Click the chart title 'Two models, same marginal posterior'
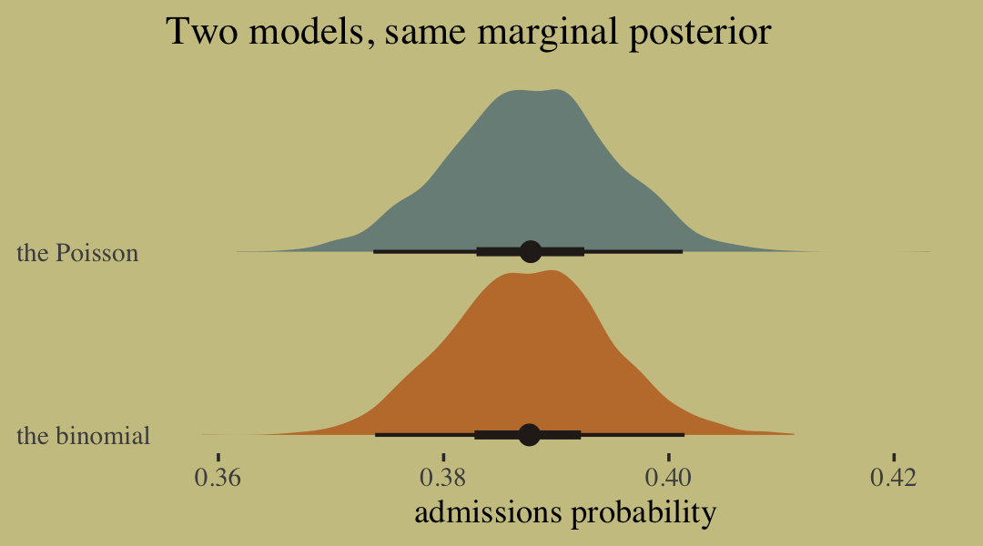coord(469,32)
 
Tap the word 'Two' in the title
coord(202,31)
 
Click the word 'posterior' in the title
coord(700,34)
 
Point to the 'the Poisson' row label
coord(77,253)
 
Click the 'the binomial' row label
coord(84,435)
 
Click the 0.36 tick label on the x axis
coord(218,478)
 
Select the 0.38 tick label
coord(443,478)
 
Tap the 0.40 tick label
coord(668,478)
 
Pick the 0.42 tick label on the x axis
coord(894,478)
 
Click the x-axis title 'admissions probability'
coord(565,512)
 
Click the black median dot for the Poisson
coord(531,251)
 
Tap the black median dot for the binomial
coord(530,434)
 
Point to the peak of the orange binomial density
coord(552,271)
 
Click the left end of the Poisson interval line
coord(374,251)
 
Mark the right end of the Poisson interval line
coord(682,251)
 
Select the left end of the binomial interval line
coord(376,434)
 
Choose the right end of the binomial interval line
coord(684,434)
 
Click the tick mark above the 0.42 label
coord(894,458)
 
